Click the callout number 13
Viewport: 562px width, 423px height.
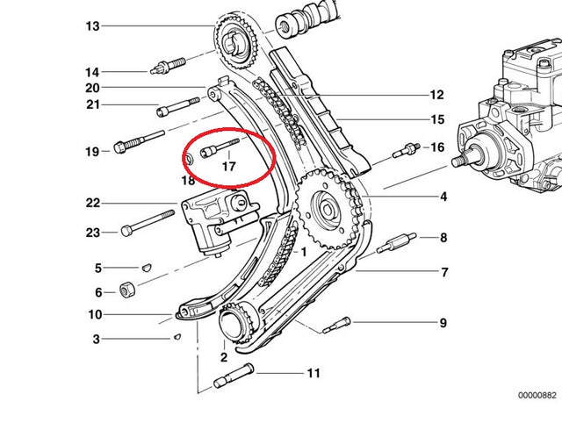click(92, 26)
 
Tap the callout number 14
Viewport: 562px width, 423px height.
click(92, 72)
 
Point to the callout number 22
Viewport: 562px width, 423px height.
click(93, 204)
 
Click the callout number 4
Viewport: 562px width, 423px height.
click(443, 197)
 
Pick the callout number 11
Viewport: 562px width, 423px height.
click(313, 374)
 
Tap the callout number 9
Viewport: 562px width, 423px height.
click(443, 323)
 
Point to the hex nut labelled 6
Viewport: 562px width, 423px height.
click(127, 290)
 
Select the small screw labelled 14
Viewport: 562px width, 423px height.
click(169, 66)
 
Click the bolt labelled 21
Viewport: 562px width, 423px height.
click(178, 109)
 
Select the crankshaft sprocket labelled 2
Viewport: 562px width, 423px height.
click(235, 323)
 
